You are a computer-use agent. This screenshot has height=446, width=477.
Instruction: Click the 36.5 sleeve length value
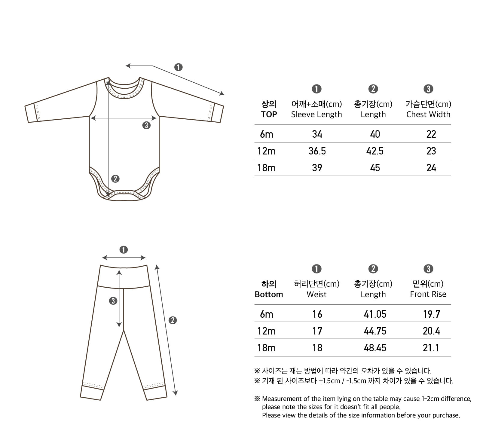(317, 151)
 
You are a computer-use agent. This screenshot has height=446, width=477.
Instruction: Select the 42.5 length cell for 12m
(375, 151)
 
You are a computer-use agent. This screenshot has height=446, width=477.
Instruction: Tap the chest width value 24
(431, 168)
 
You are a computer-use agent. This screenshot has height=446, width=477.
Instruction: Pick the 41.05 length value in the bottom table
(375, 314)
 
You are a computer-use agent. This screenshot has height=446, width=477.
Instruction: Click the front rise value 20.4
(431, 331)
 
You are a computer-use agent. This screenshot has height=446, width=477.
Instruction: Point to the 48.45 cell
(375, 348)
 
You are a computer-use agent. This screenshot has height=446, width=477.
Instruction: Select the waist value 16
(317, 314)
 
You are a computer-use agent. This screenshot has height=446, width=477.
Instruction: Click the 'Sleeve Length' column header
(316, 115)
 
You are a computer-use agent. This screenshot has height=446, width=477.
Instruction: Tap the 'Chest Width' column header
(428, 115)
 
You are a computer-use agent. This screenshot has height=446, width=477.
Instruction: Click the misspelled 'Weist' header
(316, 294)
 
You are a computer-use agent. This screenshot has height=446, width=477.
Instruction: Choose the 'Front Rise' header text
(428, 294)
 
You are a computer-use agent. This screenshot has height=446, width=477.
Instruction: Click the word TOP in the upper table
(269, 115)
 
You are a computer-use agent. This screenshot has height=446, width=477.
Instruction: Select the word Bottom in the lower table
(269, 294)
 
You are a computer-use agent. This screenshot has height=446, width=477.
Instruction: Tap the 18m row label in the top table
(266, 168)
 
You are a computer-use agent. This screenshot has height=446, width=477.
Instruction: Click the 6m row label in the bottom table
(266, 314)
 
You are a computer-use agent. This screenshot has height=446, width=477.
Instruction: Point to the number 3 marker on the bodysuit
(146, 125)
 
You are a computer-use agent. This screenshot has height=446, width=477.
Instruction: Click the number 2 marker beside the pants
(173, 320)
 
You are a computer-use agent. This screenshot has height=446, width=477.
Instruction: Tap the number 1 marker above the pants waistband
(124, 250)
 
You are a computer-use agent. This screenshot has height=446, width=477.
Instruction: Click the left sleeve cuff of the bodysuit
(32, 113)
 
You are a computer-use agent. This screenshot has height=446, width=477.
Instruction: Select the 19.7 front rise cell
(431, 314)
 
